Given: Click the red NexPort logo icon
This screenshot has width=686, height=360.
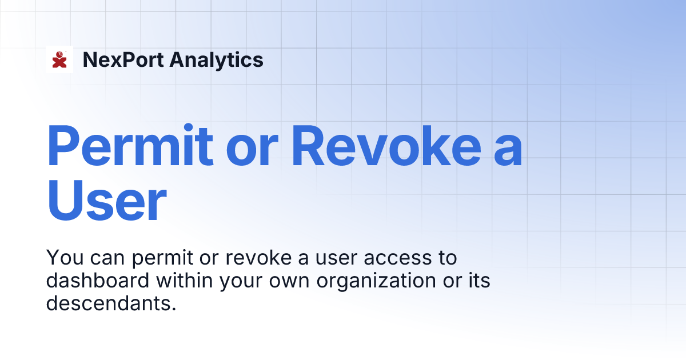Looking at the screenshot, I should coord(59,59).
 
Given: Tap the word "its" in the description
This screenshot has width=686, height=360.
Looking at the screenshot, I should coord(478,281).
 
